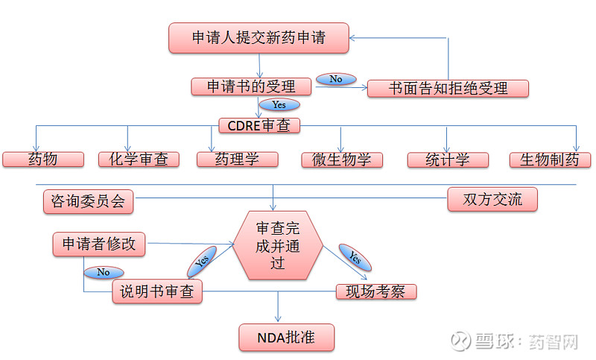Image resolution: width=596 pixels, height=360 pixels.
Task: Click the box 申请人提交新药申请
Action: pos(259,37)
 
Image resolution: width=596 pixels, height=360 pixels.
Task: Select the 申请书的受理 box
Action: pos(251,86)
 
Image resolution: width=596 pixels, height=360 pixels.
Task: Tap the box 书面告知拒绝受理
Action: pos(448,89)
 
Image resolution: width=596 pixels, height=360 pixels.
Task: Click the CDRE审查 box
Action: pos(259,125)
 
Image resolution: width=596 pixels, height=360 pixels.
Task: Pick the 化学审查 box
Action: pos(139,160)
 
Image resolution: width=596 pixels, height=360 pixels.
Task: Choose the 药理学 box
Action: pos(237,160)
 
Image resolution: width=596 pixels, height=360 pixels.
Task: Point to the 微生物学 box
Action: pos(342,160)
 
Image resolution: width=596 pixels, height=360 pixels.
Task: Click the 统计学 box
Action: pos(448,160)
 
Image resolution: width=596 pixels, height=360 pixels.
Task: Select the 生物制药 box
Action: pos(550,160)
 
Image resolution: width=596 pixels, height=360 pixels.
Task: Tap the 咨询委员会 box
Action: pos(88,201)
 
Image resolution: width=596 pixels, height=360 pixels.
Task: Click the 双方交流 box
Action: pos(492,199)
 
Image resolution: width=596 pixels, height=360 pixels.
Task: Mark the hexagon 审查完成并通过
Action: pos(278,245)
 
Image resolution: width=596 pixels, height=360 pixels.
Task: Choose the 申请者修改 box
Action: pos(99,244)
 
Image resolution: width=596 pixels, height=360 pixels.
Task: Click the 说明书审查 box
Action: pos(157,291)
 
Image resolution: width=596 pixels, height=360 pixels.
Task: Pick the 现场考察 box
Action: pos(376,291)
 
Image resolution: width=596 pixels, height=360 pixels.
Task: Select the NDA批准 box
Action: pos(287,337)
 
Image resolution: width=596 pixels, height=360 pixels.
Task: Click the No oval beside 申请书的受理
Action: pos(336,79)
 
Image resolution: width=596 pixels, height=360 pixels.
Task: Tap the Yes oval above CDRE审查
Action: pos(279,104)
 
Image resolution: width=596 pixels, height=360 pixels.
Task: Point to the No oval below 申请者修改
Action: pos(104,272)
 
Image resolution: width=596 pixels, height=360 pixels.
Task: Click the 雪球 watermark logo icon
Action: pos(460,341)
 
